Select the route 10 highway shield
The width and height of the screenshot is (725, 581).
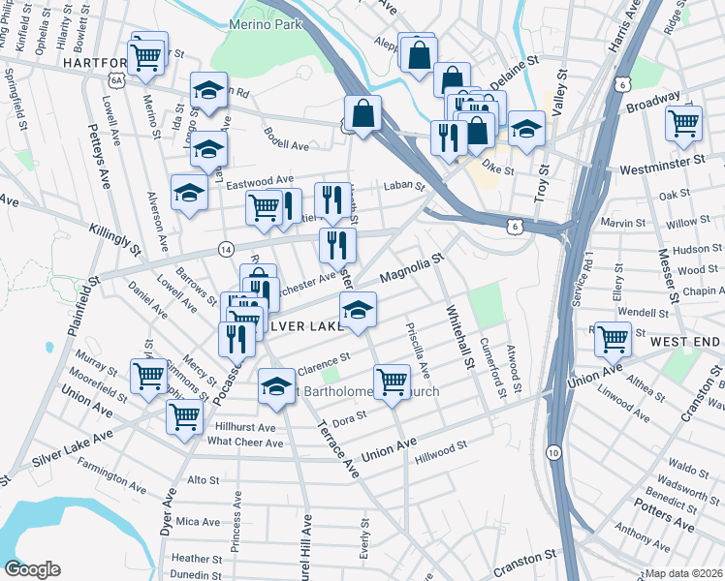coord(552,452)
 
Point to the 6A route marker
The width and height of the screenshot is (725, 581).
coord(117,82)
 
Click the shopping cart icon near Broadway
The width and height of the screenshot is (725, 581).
coord(683,124)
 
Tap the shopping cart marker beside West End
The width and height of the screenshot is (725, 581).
coord(613,339)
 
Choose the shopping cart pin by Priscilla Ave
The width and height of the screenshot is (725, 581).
coord(392,381)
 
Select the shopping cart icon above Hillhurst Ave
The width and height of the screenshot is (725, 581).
coord(183,417)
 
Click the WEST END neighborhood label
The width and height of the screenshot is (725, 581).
coord(685,343)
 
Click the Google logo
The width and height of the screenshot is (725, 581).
coord(32,569)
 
